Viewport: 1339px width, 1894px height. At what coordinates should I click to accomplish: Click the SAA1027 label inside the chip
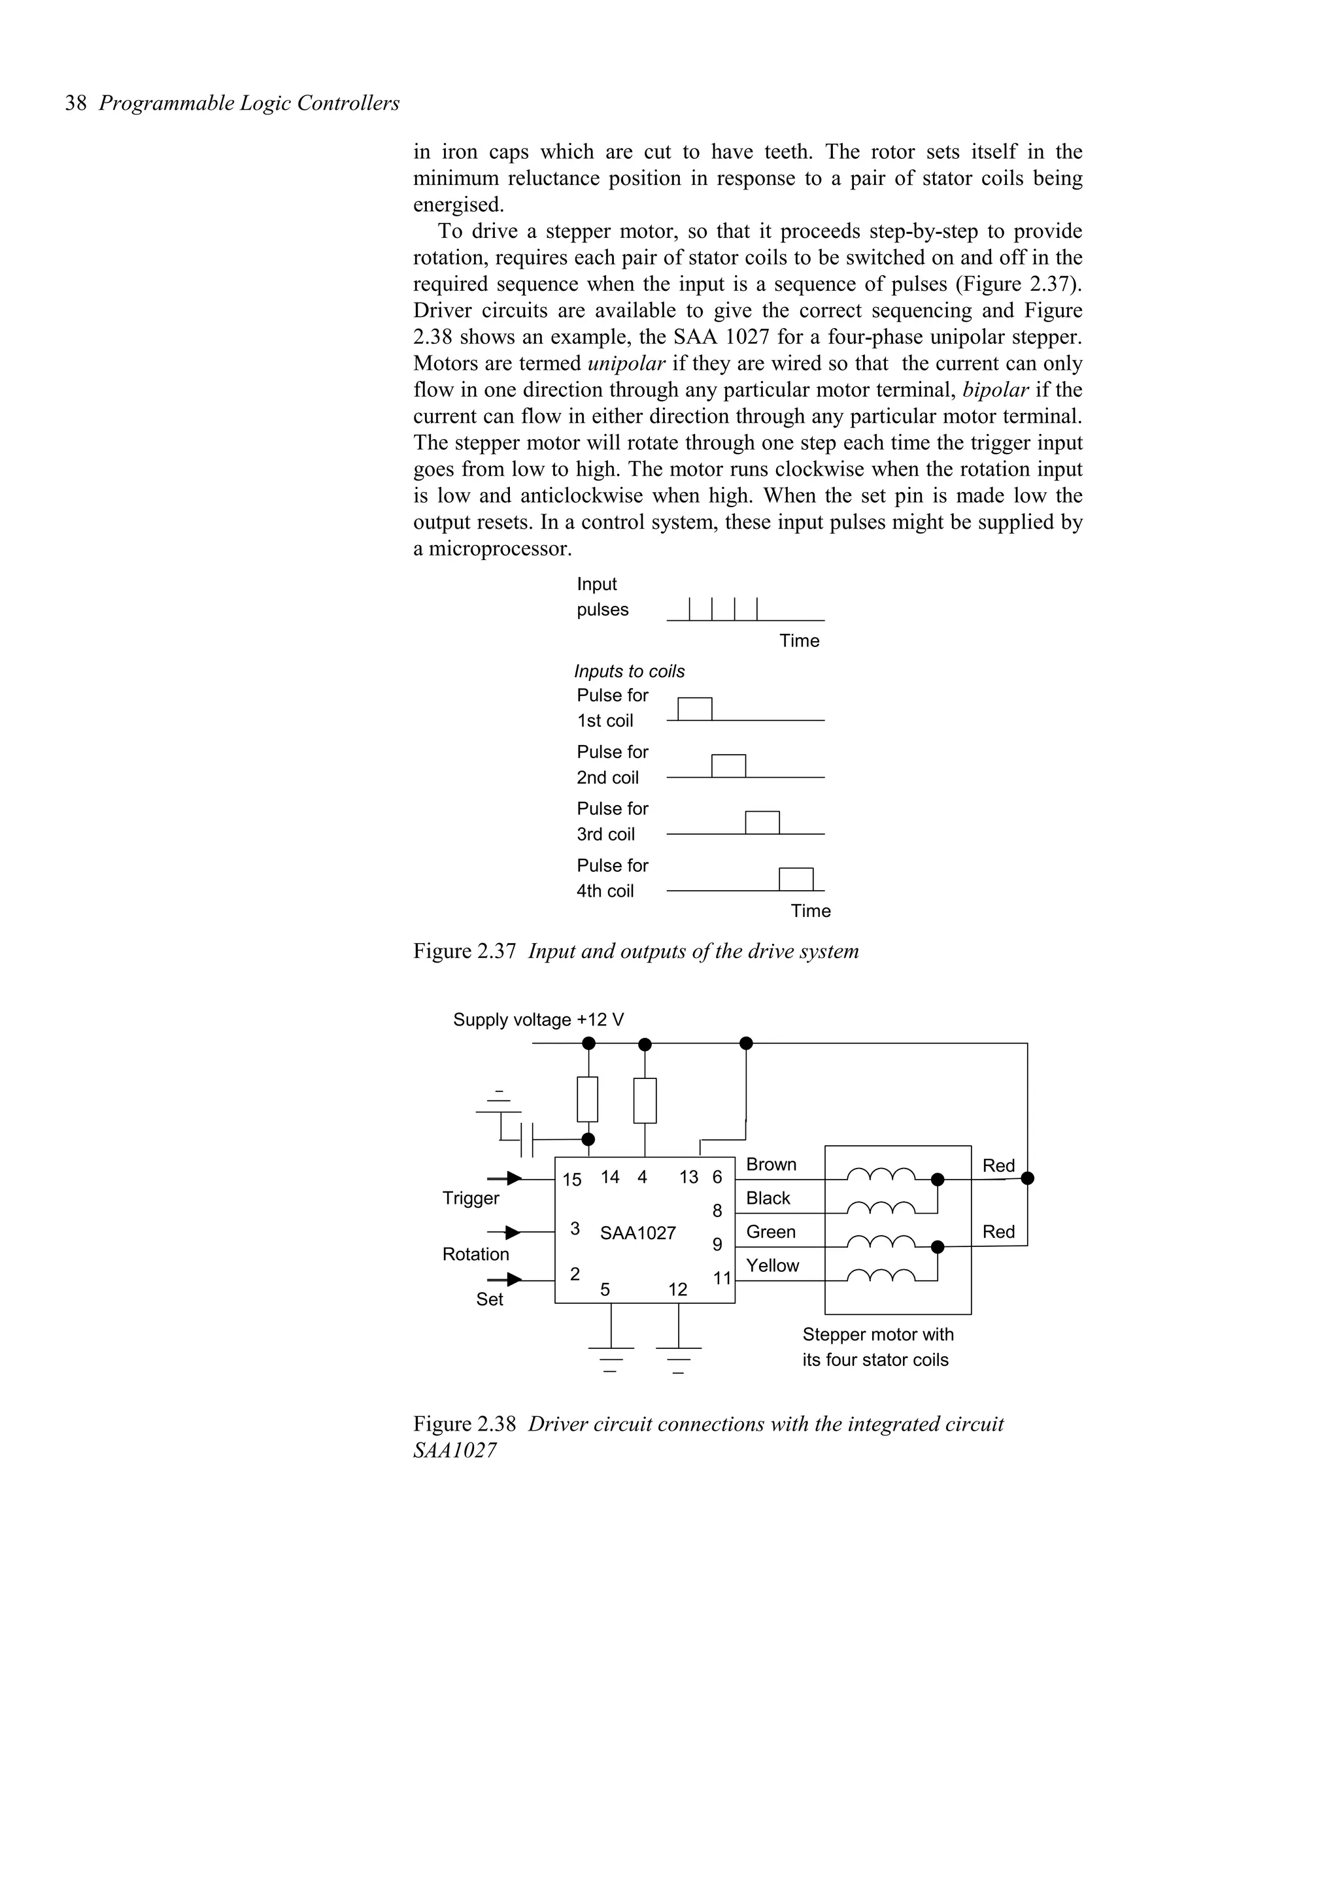click(637, 1233)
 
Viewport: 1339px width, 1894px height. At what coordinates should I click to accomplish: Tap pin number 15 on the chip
click(571, 1180)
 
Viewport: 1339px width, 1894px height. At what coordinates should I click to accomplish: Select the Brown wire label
click(771, 1164)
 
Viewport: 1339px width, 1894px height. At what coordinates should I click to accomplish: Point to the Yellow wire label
click(772, 1265)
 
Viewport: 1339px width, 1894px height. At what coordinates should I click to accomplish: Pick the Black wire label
click(768, 1198)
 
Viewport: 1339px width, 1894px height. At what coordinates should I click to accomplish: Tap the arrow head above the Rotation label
click(513, 1233)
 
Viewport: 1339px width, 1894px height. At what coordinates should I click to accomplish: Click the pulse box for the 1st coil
click(694, 709)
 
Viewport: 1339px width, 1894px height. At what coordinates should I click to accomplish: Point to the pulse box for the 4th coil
click(796, 880)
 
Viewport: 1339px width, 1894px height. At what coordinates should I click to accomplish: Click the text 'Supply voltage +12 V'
click(538, 1020)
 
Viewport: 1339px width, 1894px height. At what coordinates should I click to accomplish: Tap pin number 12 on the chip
click(677, 1289)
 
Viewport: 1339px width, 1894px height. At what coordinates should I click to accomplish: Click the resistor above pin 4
click(645, 1101)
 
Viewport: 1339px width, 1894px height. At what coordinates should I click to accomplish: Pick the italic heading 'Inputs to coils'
click(630, 671)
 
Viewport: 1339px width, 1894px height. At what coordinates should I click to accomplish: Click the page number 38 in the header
click(76, 103)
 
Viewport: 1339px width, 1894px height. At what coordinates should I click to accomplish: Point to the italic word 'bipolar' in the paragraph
click(995, 390)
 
